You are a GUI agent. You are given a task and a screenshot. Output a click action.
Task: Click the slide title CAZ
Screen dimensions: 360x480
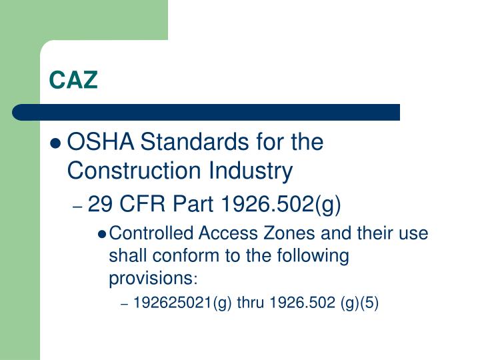[x=73, y=81]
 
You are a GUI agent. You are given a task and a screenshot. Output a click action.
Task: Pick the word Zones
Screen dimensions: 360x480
[x=267, y=234]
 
